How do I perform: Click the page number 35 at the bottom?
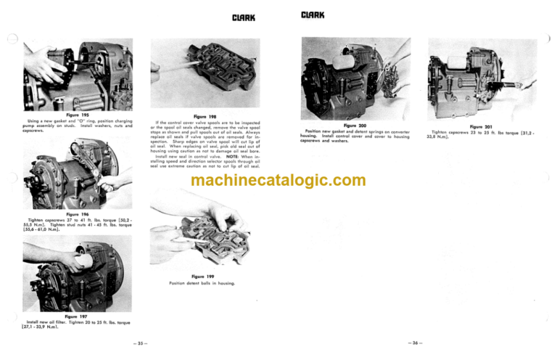(x=141, y=343)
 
